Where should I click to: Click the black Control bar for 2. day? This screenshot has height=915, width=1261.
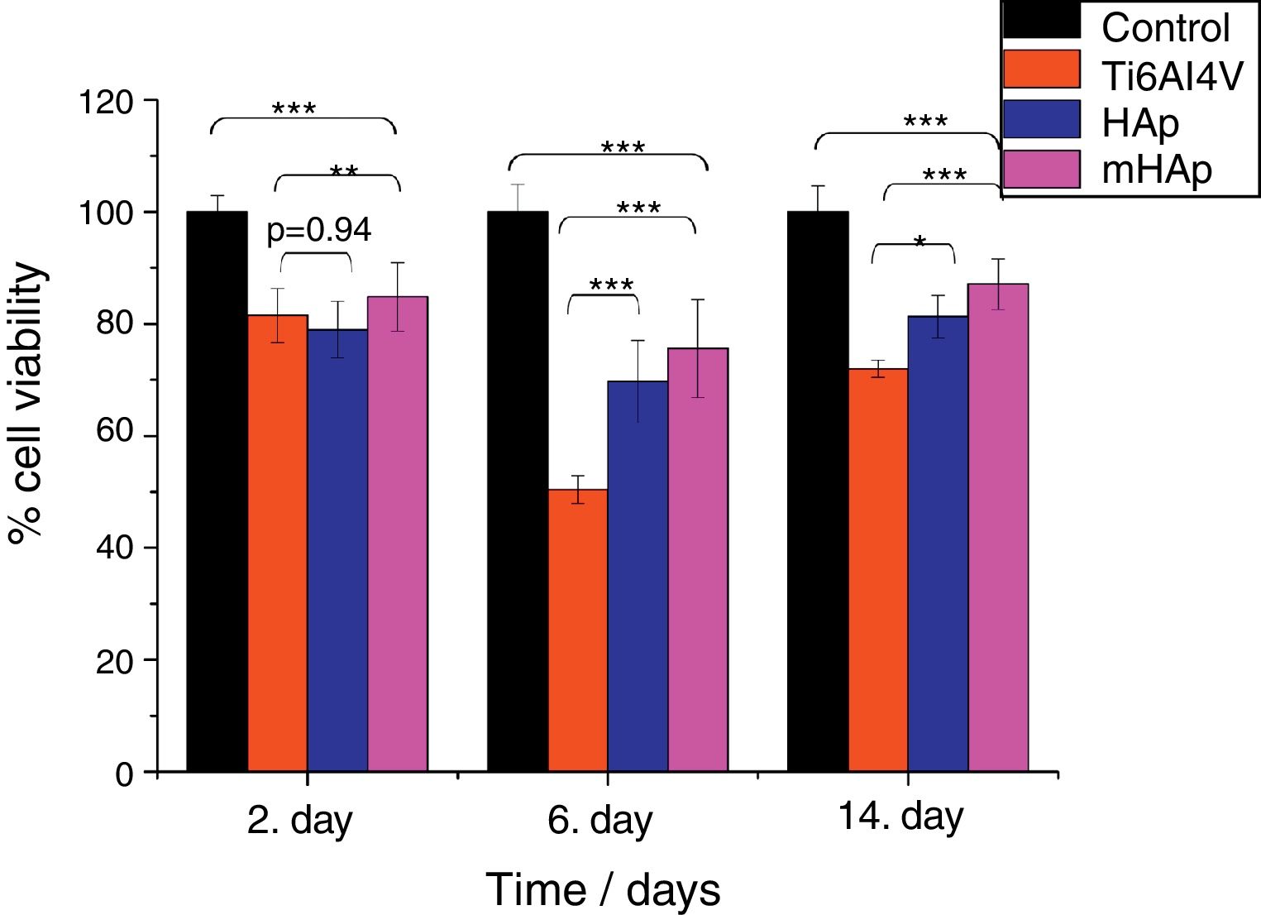click(x=217, y=491)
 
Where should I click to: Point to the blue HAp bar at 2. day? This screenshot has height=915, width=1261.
click(x=337, y=550)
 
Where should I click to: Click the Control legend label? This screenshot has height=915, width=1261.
click(x=1165, y=28)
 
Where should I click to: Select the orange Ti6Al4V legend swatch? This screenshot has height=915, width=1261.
click(x=1041, y=69)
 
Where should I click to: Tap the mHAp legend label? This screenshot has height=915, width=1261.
click(x=1156, y=170)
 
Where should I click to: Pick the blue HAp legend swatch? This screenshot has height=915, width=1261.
click(x=1041, y=119)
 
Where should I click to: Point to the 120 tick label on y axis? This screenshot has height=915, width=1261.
click(x=105, y=103)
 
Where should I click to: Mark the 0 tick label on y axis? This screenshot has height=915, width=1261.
click(x=125, y=774)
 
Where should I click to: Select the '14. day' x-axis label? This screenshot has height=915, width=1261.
click(x=900, y=817)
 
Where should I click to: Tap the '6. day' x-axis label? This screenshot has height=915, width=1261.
click(x=599, y=822)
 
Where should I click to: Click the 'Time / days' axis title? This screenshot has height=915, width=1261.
click(x=603, y=890)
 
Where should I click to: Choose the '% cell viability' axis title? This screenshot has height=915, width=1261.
click(x=26, y=403)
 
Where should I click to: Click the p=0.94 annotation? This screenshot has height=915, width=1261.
click(x=318, y=231)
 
